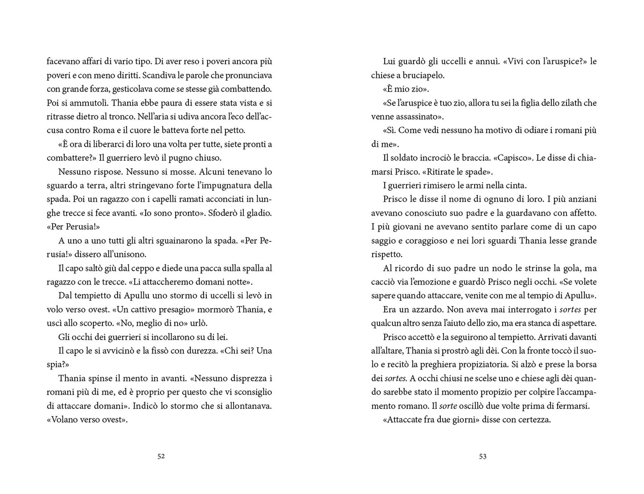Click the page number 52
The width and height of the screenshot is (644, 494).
pos(161,456)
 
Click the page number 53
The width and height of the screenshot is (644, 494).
pos(483,456)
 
